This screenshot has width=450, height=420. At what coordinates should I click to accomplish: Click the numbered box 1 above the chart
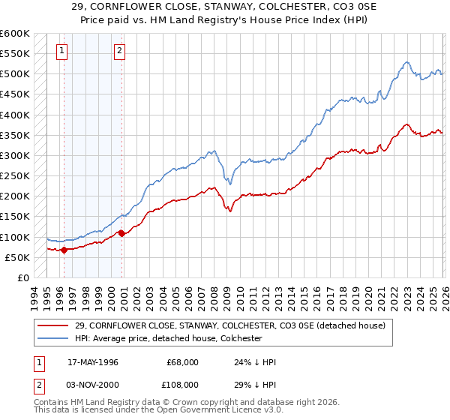[61, 51]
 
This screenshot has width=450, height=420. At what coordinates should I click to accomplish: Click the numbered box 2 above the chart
[119, 51]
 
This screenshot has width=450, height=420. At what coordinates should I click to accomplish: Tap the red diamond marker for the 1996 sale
[64, 250]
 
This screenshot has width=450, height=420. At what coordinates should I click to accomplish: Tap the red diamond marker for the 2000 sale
[121, 233]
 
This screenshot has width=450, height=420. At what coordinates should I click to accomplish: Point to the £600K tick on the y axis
[15, 34]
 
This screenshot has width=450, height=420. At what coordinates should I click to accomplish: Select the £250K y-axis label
[15, 175]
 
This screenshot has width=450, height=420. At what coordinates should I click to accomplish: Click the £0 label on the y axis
[23, 277]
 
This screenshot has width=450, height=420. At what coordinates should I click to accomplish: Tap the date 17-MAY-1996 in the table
[92, 361]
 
